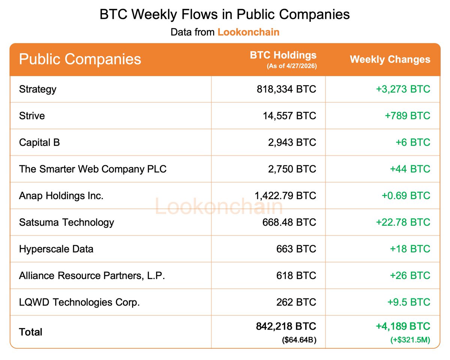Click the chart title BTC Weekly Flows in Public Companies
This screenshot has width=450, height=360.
[x=225, y=14]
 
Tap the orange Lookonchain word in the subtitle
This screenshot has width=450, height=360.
[x=248, y=32]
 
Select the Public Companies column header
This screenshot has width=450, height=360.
[x=80, y=60]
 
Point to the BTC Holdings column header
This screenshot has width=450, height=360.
[x=283, y=55]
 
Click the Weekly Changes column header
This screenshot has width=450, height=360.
[x=390, y=59]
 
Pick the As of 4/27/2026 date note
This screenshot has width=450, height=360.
[x=291, y=66]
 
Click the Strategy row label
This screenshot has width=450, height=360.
[x=37, y=89]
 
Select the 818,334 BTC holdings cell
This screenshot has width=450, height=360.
[x=286, y=89]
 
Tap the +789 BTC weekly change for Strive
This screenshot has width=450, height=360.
[x=408, y=116]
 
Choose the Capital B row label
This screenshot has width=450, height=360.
[x=39, y=142]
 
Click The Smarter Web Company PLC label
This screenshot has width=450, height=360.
[x=93, y=169]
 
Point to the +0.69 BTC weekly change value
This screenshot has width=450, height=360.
[x=406, y=196]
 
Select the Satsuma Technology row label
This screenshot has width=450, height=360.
[x=66, y=222]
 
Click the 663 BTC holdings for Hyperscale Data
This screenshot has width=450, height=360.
[x=296, y=249]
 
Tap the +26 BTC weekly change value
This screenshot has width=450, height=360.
[x=410, y=276]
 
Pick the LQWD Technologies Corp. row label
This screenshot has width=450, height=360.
[x=79, y=302]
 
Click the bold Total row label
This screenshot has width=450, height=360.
[x=31, y=332]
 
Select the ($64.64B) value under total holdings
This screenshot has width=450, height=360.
[x=299, y=340]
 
